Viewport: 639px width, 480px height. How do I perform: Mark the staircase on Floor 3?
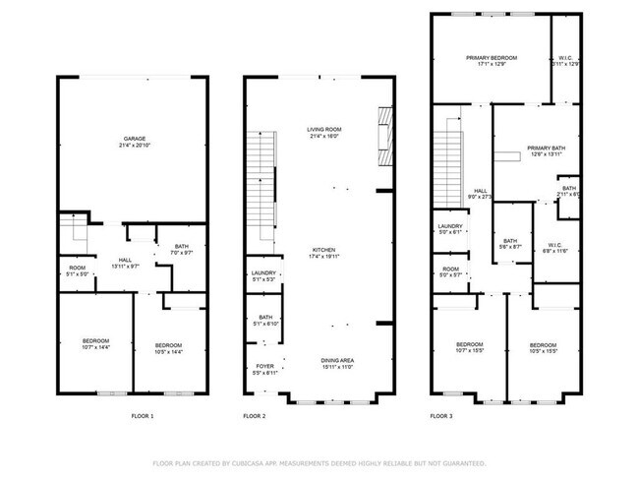(x=448, y=157)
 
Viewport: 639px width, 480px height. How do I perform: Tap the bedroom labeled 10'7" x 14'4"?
(x=96, y=344)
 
